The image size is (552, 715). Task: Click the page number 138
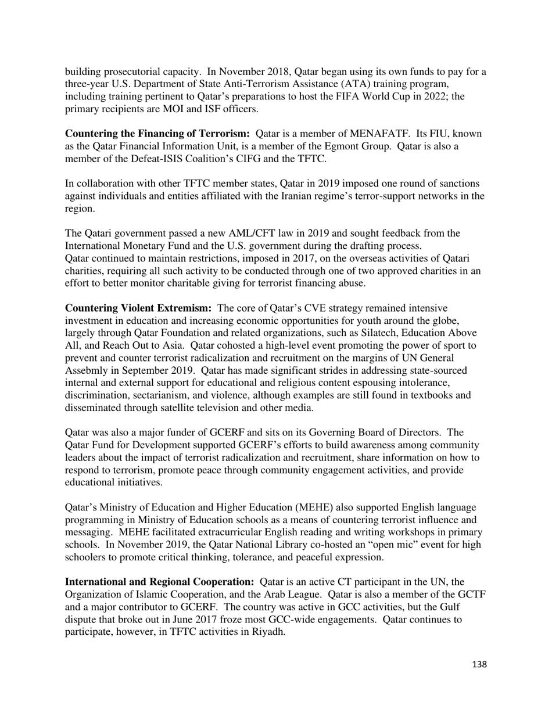pyautogui.click(x=479, y=664)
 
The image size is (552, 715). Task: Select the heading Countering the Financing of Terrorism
pyautogui.click(x=157, y=134)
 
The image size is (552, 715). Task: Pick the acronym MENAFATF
pyautogui.click(x=379, y=134)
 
